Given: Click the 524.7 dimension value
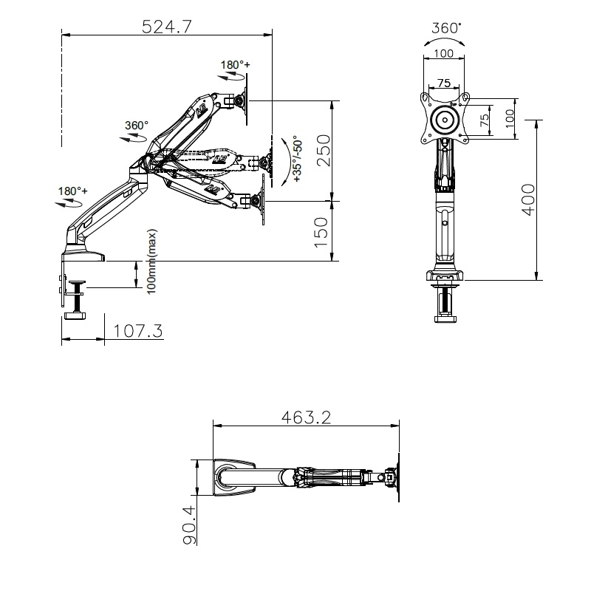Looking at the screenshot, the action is coord(167,27).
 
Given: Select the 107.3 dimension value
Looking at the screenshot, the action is coord(138,331).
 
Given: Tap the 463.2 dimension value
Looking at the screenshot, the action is coord(306,417).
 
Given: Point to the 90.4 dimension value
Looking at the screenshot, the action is coord(190,525).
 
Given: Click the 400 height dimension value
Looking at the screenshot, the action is coord(528,199).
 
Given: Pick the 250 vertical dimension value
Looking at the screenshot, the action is coord(323,151).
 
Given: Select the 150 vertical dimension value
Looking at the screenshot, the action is coord(321,233).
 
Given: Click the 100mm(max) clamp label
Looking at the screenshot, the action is coord(151,262).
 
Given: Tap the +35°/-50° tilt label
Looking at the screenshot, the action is coord(298,159).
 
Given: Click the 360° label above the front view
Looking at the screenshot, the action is coord(446,28).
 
